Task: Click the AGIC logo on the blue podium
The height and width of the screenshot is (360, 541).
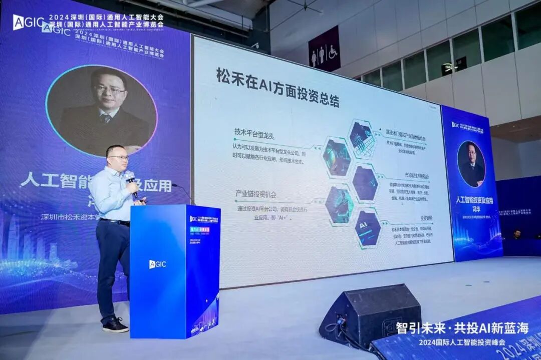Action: point(157,264)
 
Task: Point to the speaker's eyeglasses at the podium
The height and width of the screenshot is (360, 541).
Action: point(119,157)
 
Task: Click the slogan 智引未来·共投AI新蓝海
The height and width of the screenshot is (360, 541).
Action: point(462,328)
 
